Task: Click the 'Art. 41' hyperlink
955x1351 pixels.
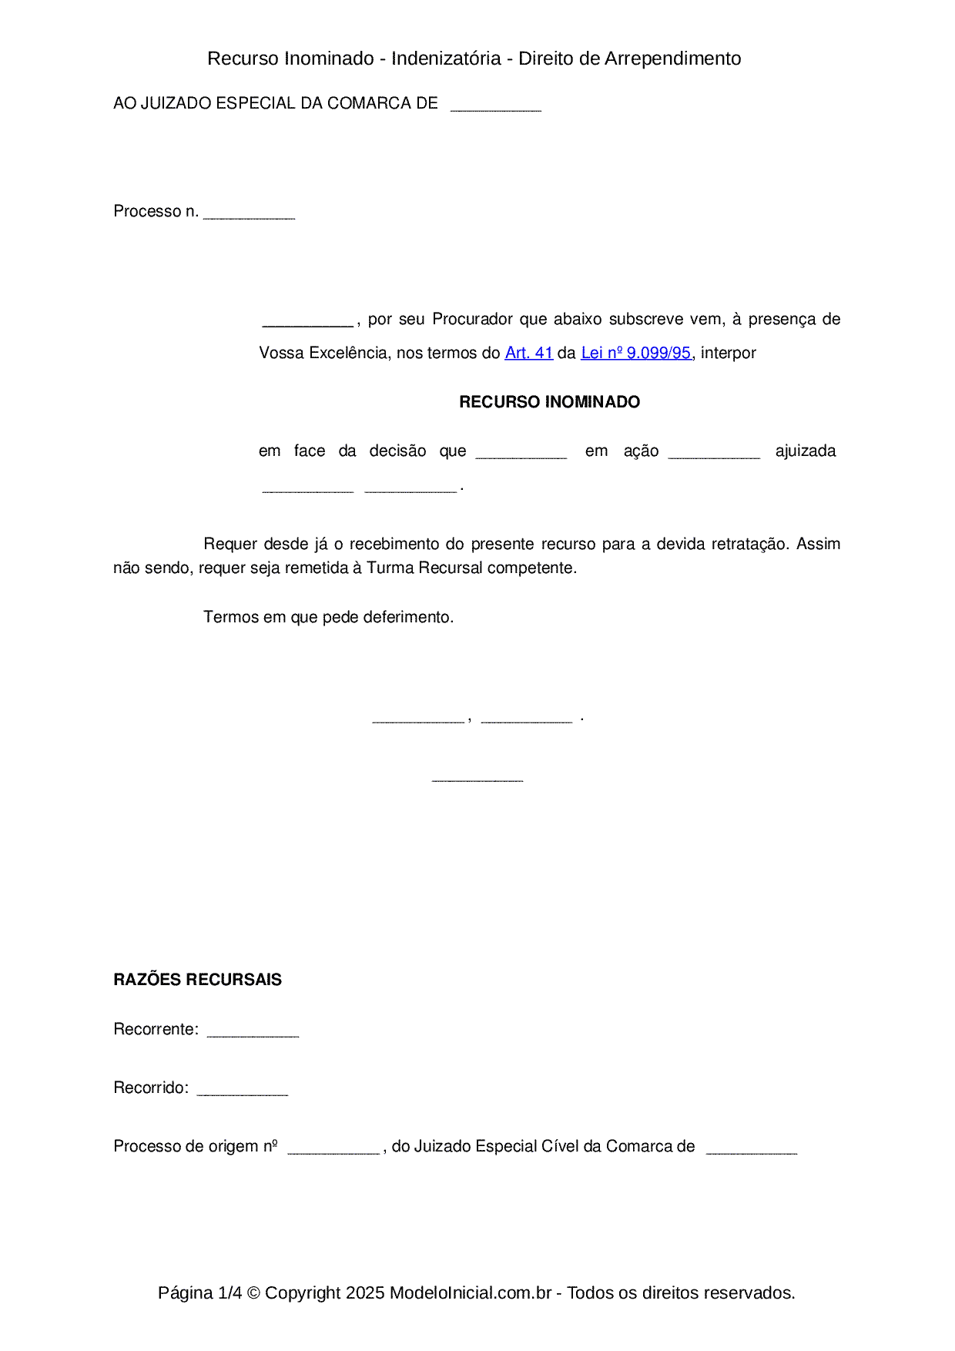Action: pos(528,353)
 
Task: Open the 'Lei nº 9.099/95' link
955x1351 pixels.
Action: pos(635,353)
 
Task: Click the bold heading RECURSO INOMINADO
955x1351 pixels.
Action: pos(549,402)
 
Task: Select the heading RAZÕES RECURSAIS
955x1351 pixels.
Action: pos(197,980)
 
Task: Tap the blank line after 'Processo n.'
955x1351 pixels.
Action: pos(249,216)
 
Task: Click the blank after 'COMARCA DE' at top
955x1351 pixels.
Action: pos(495,108)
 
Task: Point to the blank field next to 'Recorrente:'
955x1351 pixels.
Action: pos(253,1034)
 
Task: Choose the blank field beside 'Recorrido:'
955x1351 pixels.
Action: pos(242,1092)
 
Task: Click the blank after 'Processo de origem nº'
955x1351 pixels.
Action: pos(333,1151)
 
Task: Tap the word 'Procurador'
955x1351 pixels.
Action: pos(472,319)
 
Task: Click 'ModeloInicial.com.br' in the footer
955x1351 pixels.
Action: pos(470,1292)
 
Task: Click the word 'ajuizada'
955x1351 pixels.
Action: pos(806,451)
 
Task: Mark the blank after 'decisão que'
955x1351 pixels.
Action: pos(521,455)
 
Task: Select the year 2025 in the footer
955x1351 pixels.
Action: pos(365,1292)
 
